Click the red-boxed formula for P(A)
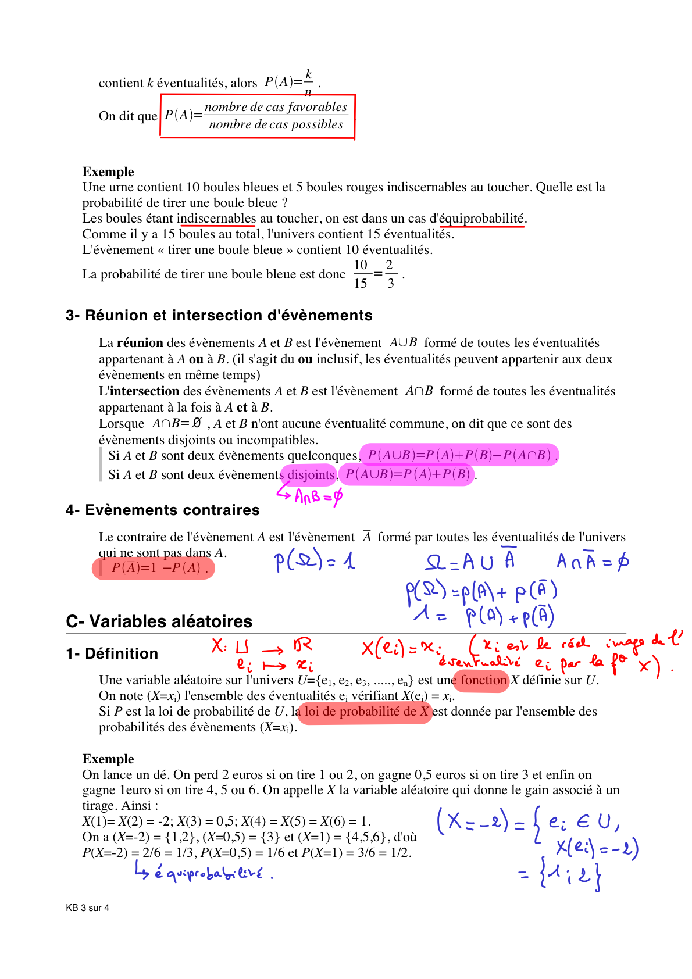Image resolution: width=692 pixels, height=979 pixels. point(257,116)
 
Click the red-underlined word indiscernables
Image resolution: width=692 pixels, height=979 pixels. point(216,219)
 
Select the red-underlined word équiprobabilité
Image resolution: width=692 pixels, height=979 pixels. point(482,219)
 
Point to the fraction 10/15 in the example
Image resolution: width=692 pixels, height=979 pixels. point(361,274)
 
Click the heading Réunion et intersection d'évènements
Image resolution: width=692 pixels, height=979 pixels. point(219,315)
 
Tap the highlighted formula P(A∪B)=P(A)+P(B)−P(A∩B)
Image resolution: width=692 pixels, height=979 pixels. point(459,455)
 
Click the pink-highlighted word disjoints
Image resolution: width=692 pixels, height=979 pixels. point(311,475)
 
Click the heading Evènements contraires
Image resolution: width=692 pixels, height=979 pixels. point(163,510)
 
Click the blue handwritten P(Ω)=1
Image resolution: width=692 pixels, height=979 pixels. point(315,561)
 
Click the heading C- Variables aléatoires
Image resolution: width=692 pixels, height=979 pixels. point(159,621)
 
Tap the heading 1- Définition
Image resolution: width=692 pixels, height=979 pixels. point(112,653)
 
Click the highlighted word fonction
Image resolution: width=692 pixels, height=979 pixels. point(483,680)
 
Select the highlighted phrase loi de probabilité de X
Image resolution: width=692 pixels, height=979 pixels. point(366,712)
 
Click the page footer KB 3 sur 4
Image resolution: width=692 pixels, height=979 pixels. point(88,907)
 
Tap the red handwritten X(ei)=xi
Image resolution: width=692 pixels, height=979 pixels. point(401,647)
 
